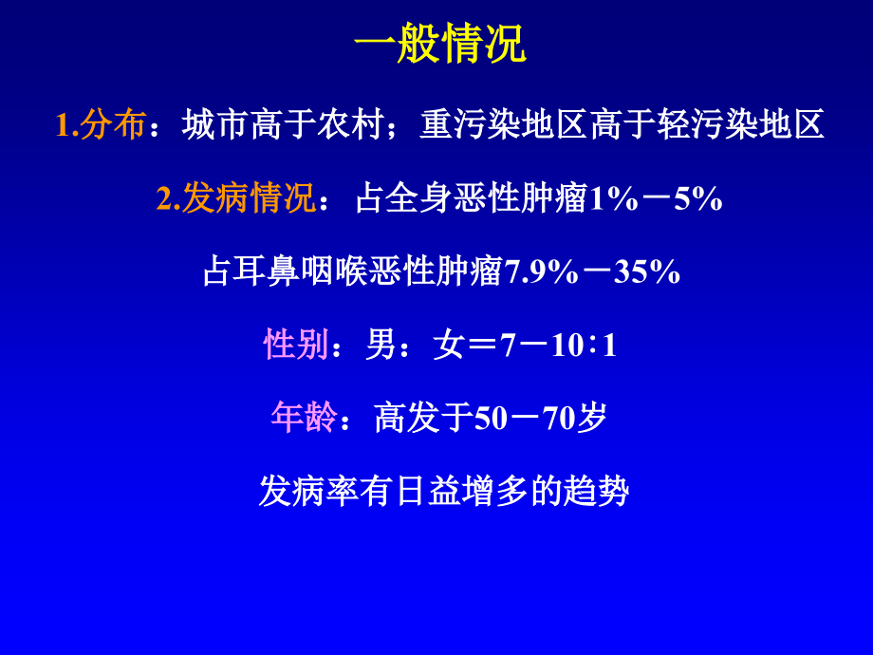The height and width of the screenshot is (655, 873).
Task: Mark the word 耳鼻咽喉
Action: click(x=300, y=272)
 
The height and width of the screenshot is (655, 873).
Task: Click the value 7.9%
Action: click(x=542, y=272)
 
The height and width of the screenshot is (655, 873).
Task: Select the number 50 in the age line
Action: click(x=491, y=419)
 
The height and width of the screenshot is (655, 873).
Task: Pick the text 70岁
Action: click(x=574, y=419)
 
